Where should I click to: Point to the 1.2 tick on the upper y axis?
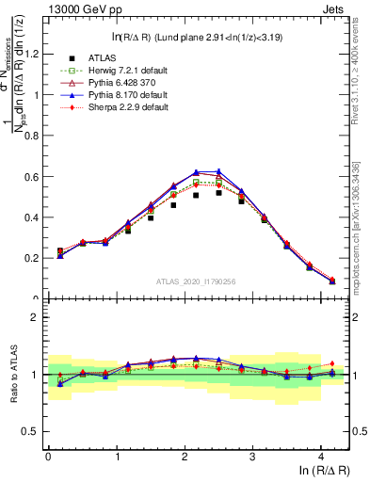click(x=35, y=54)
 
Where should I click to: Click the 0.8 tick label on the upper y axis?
click(x=35, y=136)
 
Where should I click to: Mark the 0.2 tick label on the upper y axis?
click(x=35, y=258)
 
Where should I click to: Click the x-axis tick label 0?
click(x=49, y=458)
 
